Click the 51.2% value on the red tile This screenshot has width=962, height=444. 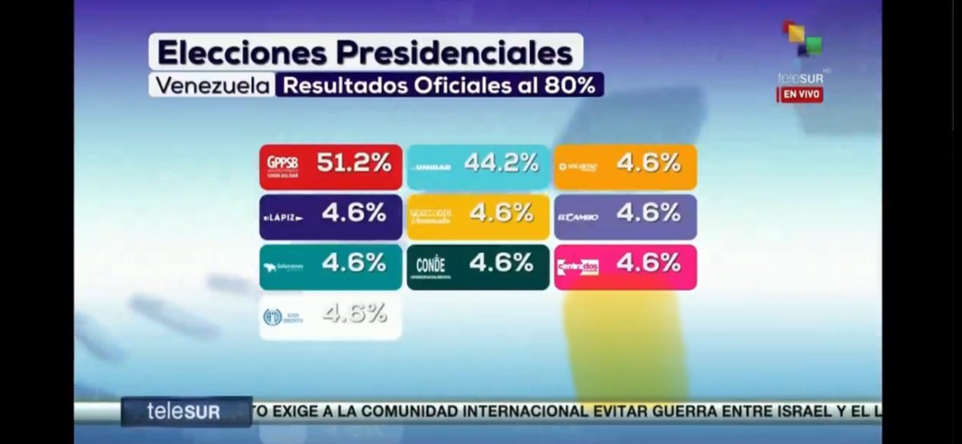click(354, 163)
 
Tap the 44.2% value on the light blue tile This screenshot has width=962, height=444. click(501, 163)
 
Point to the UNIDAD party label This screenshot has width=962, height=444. click(431, 168)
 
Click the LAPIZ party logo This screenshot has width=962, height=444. click(284, 217)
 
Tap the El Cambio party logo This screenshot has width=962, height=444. click(578, 216)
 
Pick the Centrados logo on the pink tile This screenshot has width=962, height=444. click(578, 267)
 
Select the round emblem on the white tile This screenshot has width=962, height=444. click(272, 317)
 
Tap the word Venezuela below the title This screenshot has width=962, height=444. click(212, 86)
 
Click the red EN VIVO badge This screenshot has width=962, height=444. click(799, 95)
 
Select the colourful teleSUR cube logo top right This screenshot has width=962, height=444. click(802, 38)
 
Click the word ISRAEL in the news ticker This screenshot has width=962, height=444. click(811, 412)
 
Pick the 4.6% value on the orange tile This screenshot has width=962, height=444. click(649, 163)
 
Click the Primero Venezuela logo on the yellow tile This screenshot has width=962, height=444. click(430, 216)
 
